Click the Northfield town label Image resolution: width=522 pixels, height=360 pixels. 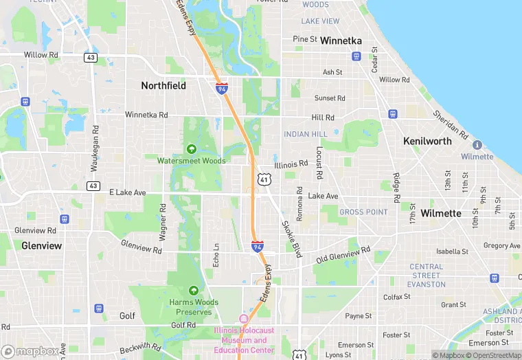point(163,86)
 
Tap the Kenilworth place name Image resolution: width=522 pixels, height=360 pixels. point(427,141)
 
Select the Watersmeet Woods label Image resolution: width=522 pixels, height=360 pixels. point(191,161)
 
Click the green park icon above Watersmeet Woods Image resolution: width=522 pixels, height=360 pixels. point(192,149)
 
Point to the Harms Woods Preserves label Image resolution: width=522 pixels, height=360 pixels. point(194,307)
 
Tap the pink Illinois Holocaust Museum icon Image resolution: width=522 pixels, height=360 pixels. point(242,319)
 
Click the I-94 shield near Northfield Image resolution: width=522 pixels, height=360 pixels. point(221,89)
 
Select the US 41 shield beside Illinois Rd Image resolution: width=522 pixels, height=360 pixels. point(264,179)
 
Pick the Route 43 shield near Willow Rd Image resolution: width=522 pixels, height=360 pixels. point(91,58)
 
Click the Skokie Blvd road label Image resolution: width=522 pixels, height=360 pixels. point(291,238)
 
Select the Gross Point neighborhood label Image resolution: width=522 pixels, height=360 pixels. point(363,212)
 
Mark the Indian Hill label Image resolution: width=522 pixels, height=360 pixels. point(306,134)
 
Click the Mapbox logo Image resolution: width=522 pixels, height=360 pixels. point(30,351)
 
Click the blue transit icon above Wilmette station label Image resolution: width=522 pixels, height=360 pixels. point(477,145)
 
